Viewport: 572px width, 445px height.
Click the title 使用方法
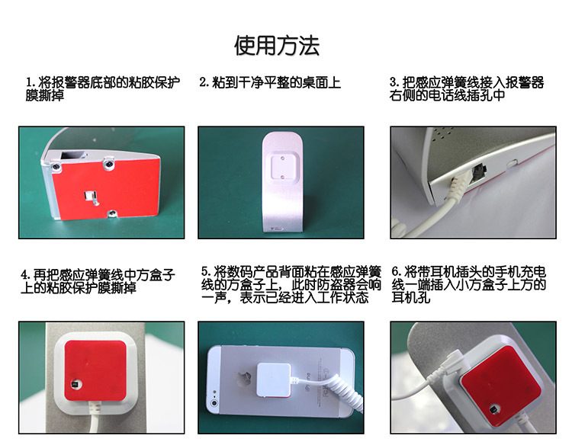[x=277, y=46]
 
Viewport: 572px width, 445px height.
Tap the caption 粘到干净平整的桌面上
[x=277, y=82]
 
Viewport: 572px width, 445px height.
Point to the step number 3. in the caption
[x=394, y=82]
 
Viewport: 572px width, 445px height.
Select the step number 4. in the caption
[x=25, y=275]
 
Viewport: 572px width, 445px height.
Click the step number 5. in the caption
[x=206, y=271]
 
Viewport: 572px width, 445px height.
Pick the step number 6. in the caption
[x=397, y=271]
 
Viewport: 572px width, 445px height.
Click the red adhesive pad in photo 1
[x=106, y=190]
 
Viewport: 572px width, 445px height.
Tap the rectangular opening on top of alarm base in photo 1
[x=73, y=155]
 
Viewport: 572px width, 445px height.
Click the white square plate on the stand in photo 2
[x=283, y=168]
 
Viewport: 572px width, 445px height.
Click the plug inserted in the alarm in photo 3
[x=457, y=185]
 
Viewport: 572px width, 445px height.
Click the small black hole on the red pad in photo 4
[x=76, y=385]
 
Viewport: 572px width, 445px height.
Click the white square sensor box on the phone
[x=274, y=379]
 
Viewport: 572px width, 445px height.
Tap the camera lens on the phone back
[x=214, y=403]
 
